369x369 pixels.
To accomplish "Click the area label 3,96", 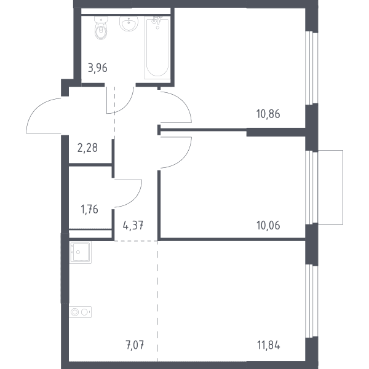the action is [x=98, y=68].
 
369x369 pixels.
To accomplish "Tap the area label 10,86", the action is [x=268, y=114].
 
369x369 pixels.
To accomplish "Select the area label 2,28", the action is [x=87, y=148].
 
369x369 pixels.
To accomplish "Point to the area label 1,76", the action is [x=89, y=209].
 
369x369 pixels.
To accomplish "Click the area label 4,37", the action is [x=133, y=226].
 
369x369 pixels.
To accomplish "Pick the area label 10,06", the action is [x=268, y=226].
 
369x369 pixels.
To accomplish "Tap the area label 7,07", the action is [x=135, y=345].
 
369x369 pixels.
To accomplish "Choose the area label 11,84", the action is [x=269, y=346].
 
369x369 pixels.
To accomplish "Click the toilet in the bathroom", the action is [x=101, y=28].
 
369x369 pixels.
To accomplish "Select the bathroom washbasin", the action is [x=129, y=23].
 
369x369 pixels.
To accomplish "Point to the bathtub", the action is [x=157, y=48].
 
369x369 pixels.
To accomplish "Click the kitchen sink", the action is [x=80, y=252].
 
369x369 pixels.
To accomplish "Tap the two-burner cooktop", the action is [x=80, y=312].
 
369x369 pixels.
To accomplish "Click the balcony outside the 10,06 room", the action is [x=330, y=188].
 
